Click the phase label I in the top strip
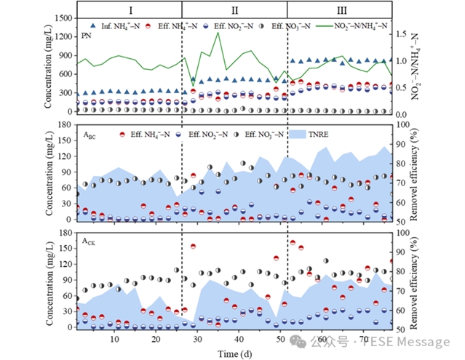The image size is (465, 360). point(129,10)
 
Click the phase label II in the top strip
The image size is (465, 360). point(234,10)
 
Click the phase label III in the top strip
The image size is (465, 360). point(340,10)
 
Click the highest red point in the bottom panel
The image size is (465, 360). point(293,242)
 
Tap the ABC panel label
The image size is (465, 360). point(89,135)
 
